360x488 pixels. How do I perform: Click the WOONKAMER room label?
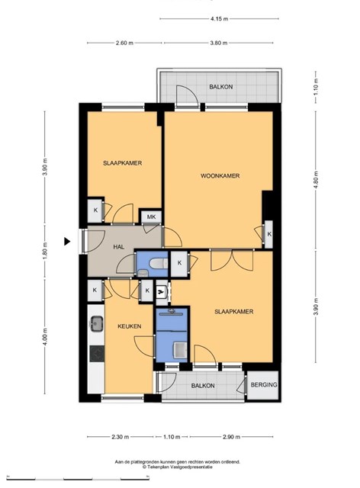coord(220,176)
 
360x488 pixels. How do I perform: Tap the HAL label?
coord(119,247)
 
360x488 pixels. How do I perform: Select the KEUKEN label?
coord(129,326)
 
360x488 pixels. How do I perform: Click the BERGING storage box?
coord(263,385)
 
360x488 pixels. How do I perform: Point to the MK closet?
coord(151,217)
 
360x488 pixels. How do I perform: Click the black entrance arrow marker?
coord(67,241)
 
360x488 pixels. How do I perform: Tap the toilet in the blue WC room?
coord(158,264)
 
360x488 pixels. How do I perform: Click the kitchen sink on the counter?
coord(97,323)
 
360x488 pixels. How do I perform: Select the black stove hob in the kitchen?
coord(97,354)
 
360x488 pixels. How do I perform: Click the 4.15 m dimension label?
coord(219,18)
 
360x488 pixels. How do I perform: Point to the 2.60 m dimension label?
coord(124,43)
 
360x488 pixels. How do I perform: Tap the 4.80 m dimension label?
coord(316,181)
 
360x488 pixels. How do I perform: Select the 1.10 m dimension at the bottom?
coord(172,437)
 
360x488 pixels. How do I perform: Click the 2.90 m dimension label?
coord(231,437)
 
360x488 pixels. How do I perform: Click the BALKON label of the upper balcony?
coord(220,87)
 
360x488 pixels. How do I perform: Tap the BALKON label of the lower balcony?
coord(203,386)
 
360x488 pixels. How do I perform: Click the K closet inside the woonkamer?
coord(268,234)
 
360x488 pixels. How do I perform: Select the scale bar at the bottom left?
coord(78,478)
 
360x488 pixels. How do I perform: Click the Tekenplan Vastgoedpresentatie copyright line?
coord(178,467)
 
